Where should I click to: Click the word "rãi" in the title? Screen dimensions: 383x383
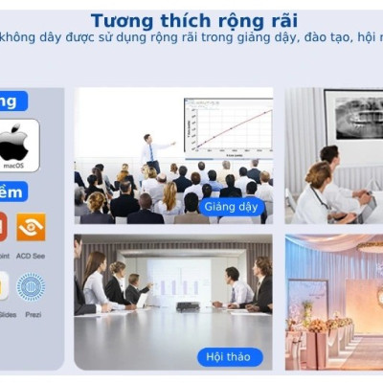[x=279, y=20]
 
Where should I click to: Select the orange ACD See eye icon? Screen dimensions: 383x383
[x=31, y=226]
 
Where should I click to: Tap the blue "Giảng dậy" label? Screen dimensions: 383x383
[x=232, y=206]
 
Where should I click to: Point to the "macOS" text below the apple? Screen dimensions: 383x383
[x=13, y=166]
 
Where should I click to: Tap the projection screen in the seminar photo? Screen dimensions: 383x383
[x=177, y=279]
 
